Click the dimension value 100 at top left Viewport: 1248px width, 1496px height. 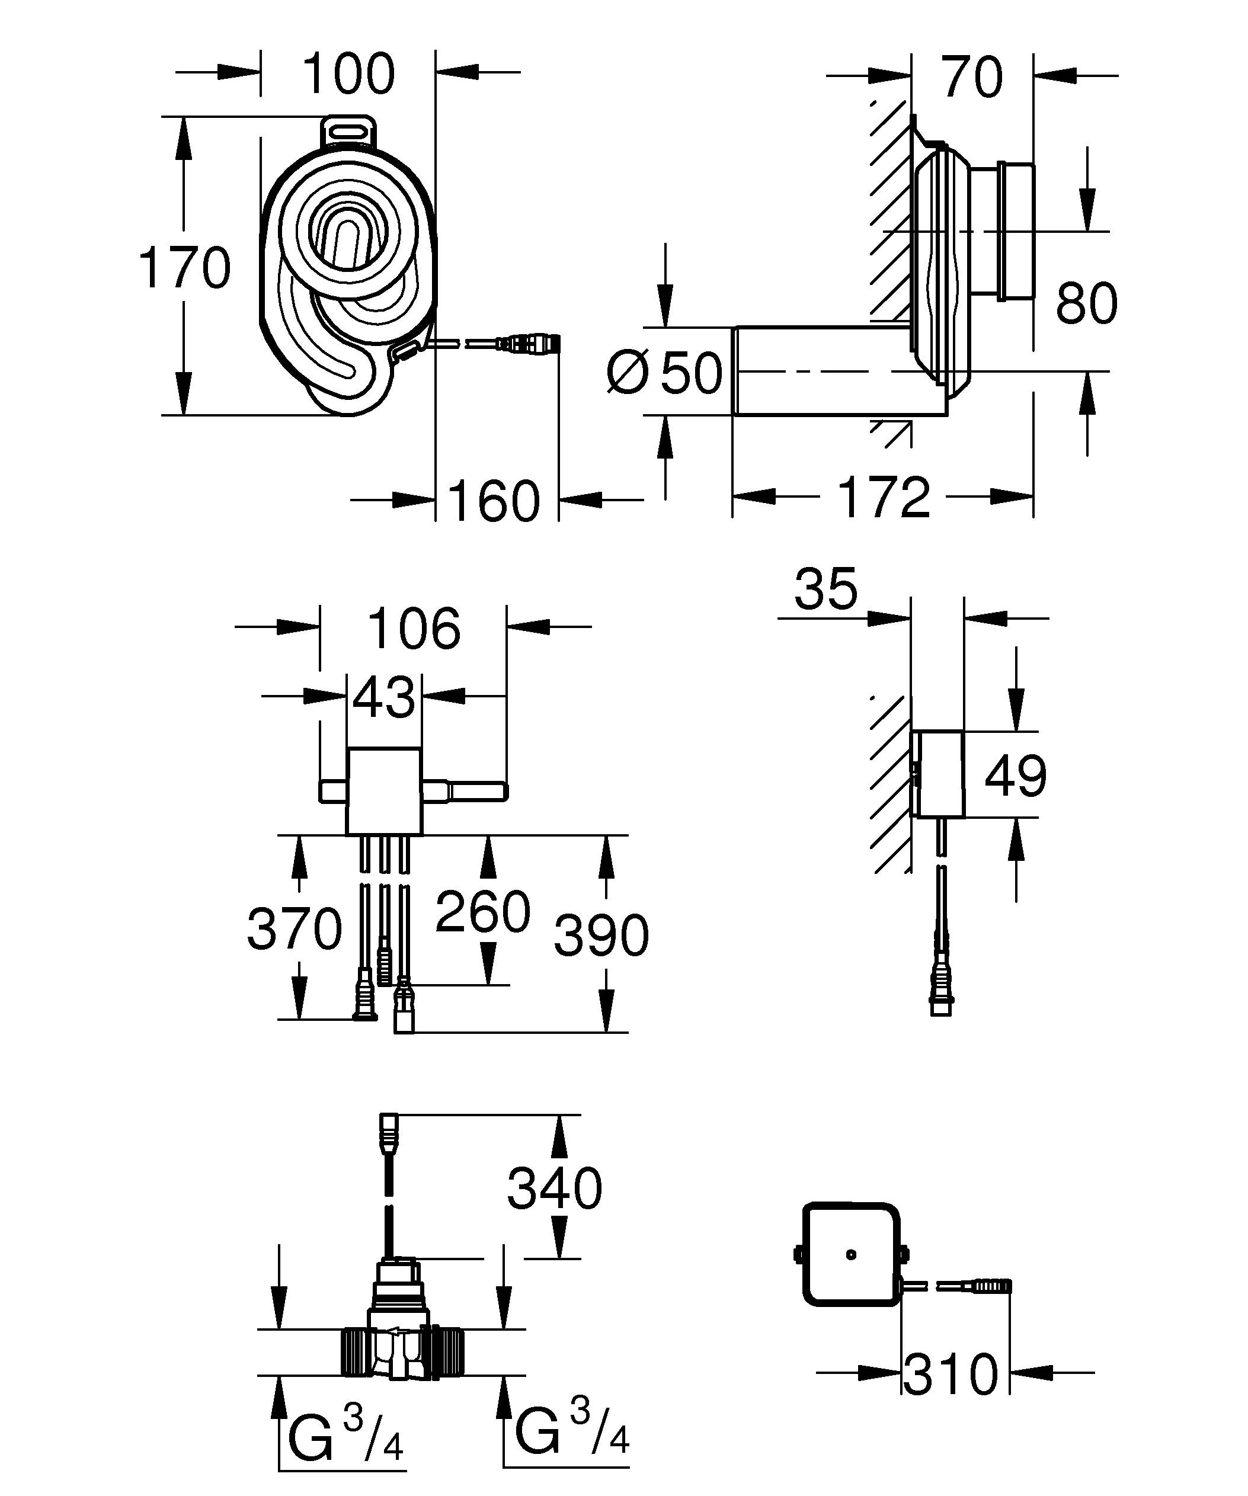pos(348,73)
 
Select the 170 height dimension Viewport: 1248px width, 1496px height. pos(184,267)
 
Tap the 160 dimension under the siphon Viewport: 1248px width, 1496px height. pos(494,501)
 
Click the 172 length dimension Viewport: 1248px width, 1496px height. pos(884,496)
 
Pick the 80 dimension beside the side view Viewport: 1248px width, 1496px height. pos(1086,303)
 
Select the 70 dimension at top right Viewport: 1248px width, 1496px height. pos(972,77)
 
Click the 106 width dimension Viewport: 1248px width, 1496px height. pos(413,628)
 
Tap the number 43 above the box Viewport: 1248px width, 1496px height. pos(383,697)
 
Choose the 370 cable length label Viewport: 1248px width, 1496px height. pos(294,929)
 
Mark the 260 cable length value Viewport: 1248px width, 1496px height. pos(482,911)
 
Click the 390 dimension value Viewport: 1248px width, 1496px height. pos(601,935)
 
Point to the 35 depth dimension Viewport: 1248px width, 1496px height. pos(825,589)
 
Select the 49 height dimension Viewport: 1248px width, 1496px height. pos(1015,775)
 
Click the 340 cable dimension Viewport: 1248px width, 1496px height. pos(554,1189)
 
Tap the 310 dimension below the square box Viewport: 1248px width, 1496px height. pos(951,1375)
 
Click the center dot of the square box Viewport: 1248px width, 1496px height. pos(850,1254)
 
